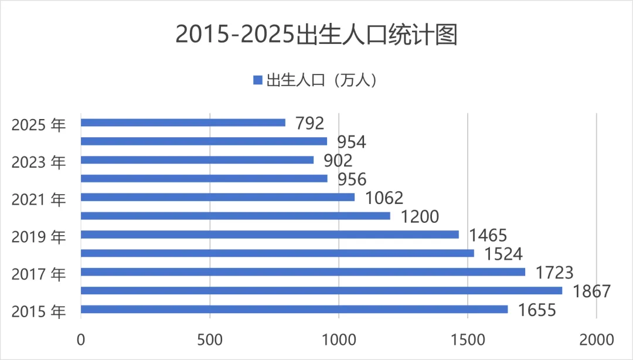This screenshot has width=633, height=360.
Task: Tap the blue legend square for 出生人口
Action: pyautogui.click(x=257, y=80)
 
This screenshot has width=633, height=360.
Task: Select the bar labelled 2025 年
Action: pyautogui.click(x=183, y=123)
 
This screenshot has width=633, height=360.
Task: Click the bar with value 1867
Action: pyautogui.click(x=321, y=290)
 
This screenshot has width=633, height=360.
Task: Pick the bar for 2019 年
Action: pyautogui.click(x=270, y=235)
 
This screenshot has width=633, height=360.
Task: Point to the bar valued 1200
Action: pyautogui.click(x=235, y=216)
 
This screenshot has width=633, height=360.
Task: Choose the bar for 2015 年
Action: pyautogui.click(x=294, y=309)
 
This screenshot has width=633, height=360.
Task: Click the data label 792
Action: pyautogui.click(x=310, y=123)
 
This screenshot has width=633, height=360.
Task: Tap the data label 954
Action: pyautogui.click(x=351, y=142)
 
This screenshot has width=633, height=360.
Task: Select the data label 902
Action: pyautogui.click(x=338, y=161)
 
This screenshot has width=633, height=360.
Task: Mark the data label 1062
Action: pyautogui.click(x=384, y=198)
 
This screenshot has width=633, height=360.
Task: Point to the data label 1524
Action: pyautogui.click(x=503, y=254)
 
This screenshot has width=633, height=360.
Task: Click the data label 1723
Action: pyautogui.click(x=553, y=273)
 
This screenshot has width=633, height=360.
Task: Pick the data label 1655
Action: pyautogui.click(x=536, y=310)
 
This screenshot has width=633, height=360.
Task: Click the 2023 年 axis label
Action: pyautogui.click(x=39, y=162)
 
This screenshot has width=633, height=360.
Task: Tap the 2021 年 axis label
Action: pyautogui.click(x=39, y=199)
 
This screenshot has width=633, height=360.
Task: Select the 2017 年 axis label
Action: pyautogui.click(x=39, y=274)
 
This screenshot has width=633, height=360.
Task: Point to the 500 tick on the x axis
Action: pyautogui.click(x=210, y=339)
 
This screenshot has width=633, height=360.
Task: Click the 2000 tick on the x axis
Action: pyautogui.click(x=596, y=339)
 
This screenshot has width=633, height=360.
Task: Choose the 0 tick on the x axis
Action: pyautogui.click(x=81, y=339)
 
